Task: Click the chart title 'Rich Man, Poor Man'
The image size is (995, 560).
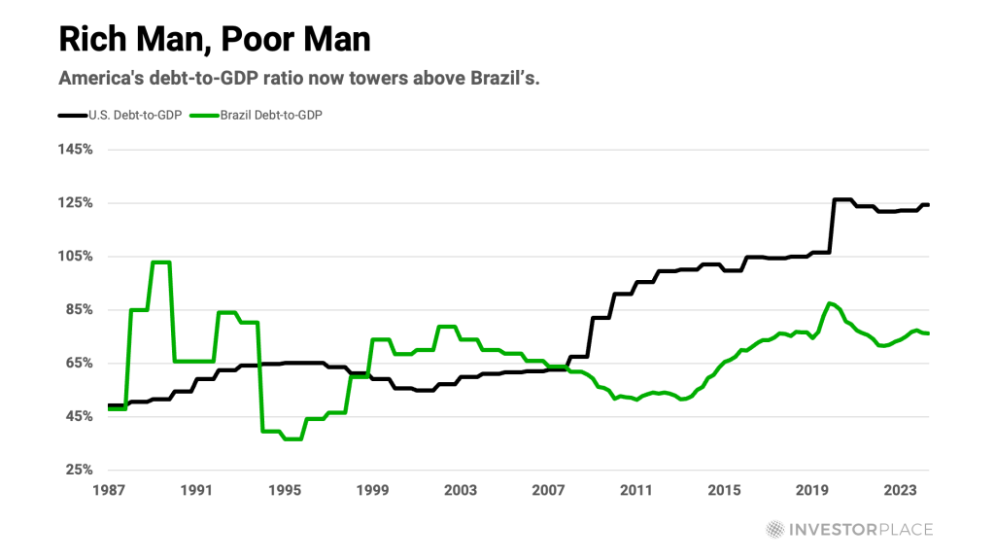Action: [x=214, y=40]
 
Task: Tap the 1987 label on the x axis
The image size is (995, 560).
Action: [x=109, y=489]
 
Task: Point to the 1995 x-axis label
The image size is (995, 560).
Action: [x=285, y=489]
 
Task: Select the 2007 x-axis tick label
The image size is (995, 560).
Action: [x=548, y=489]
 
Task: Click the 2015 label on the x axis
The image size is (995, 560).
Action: [x=724, y=489]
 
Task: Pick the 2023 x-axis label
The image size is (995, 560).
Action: [x=900, y=489]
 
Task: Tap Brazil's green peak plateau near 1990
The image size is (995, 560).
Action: [x=160, y=262]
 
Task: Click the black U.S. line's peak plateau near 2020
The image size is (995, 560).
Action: [x=842, y=200]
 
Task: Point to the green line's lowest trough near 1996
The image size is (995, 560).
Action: [x=292, y=438]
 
